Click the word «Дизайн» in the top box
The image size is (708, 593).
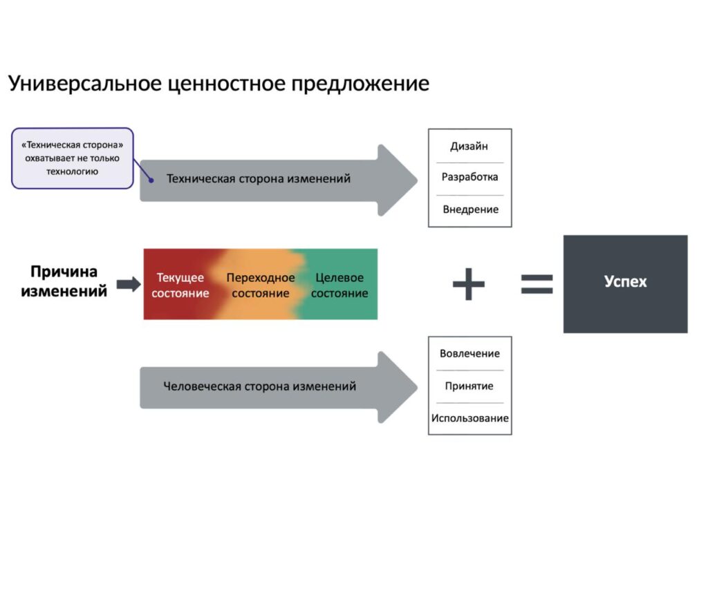pyautogui.click(x=469, y=146)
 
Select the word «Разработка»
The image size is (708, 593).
pyautogui.click(x=469, y=177)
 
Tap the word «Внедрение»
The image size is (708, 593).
pyautogui.click(x=470, y=209)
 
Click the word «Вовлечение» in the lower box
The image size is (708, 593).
pyautogui.click(x=469, y=353)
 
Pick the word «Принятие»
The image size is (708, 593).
pyautogui.click(x=469, y=386)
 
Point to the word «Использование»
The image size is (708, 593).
pyautogui.click(x=470, y=418)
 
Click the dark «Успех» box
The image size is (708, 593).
pyautogui.click(x=625, y=283)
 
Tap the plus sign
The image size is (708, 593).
pyautogui.click(x=469, y=283)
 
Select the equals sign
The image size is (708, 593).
pyautogui.click(x=537, y=283)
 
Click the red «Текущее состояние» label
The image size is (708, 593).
pyautogui.click(x=180, y=285)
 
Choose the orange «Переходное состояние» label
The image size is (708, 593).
pyautogui.click(x=261, y=285)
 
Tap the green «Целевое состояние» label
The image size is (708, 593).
pyautogui.click(x=339, y=285)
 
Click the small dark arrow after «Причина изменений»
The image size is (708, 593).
pyautogui.click(x=128, y=284)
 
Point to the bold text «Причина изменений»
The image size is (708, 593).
pyautogui.click(x=64, y=281)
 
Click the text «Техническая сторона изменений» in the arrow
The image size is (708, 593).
pyautogui.click(x=259, y=179)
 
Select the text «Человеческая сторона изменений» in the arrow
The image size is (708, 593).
pyautogui.click(x=260, y=386)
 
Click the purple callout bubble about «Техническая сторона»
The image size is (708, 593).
pyautogui.click(x=72, y=158)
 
